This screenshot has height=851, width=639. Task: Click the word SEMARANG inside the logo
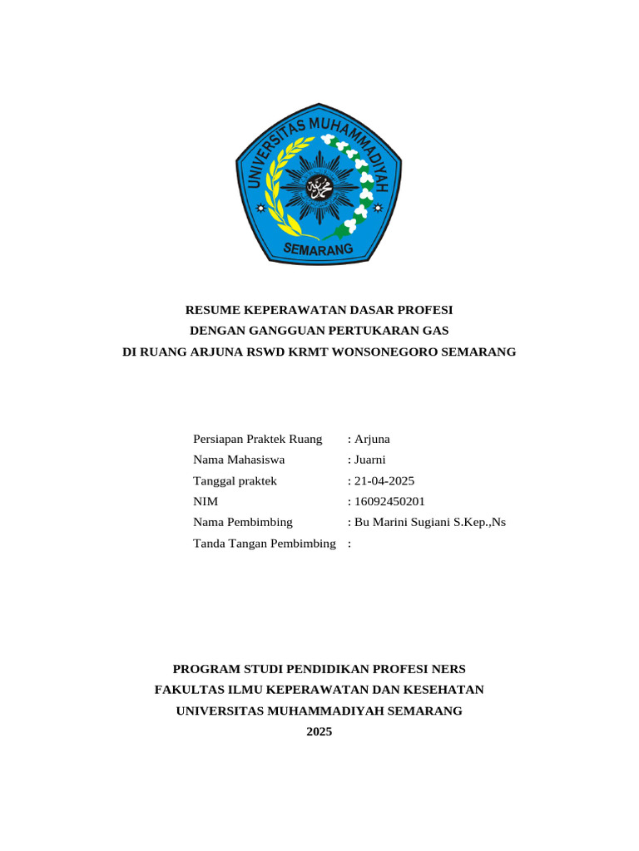tap(319, 248)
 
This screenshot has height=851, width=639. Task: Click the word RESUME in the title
tap(211, 310)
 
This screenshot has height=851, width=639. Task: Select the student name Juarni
tap(371, 460)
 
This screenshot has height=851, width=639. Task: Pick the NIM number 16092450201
tap(389, 501)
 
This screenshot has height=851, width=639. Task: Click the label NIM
tap(205, 501)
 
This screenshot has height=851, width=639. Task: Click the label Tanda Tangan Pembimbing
tap(264, 543)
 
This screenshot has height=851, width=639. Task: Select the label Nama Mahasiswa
tap(239, 460)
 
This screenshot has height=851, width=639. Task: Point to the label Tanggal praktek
tap(235, 480)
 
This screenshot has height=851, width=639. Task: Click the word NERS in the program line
tap(448, 669)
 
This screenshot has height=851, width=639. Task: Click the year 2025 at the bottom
tap(319, 731)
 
